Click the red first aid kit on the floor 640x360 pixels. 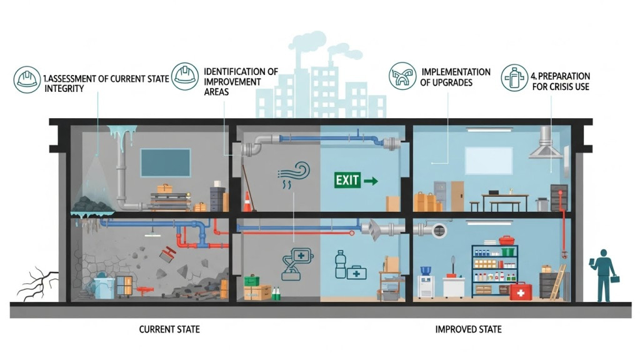click(520, 291)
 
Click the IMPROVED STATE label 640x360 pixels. click(468, 329)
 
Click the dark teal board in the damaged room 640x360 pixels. click(166, 162)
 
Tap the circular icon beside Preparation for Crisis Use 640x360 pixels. click(514, 77)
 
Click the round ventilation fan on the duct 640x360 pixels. click(439, 230)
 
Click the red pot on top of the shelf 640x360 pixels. click(506, 240)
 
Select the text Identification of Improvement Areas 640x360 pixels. click(241, 81)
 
